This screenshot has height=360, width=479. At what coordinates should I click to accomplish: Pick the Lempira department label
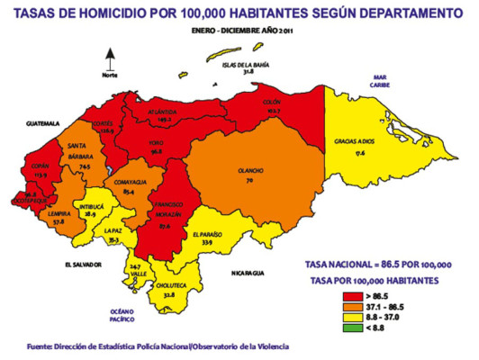coord(59,212)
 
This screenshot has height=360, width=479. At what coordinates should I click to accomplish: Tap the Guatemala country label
coord(41,121)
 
